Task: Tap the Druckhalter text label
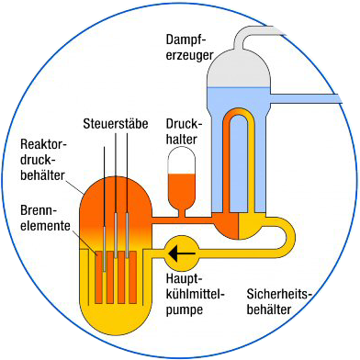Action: (186, 130)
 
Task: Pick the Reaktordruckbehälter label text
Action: (44, 162)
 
